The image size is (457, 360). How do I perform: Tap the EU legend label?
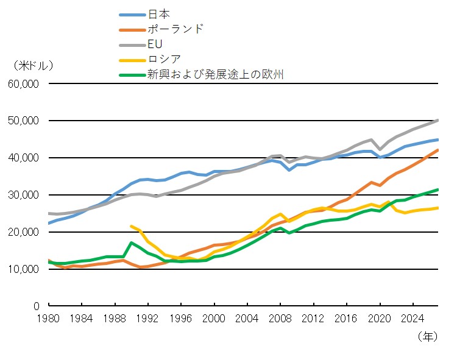(x=155, y=44)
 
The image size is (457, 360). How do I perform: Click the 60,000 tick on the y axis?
(x=24, y=83)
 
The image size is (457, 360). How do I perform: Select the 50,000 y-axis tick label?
(x=24, y=121)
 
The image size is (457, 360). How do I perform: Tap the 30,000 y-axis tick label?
(x=24, y=195)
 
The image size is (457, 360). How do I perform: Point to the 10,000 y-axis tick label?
(x=24, y=269)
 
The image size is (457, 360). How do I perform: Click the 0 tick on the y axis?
(x=37, y=306)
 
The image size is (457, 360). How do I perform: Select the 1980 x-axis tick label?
(x=49, y=319)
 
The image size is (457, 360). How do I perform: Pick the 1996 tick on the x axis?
(x=181, y=319)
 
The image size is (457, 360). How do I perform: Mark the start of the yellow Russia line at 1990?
(x=131, y=226)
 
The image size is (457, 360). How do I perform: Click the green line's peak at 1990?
(x=131, y=242)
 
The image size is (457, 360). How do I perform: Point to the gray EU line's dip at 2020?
(x=380, y=149)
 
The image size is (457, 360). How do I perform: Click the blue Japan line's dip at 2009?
(x=289, y=169)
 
